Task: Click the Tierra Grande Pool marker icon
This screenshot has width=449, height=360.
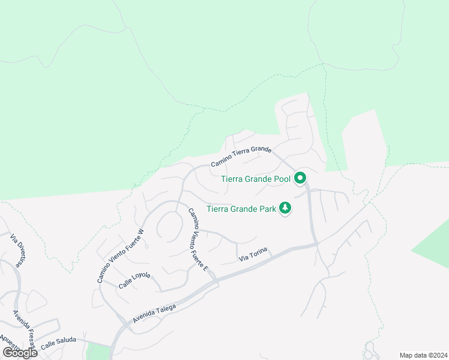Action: [300, 178]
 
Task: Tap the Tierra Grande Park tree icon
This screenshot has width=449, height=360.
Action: [286, 209]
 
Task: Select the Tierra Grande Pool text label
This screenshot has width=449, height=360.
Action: [256, 179]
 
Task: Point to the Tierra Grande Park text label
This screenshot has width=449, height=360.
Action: [241, 209]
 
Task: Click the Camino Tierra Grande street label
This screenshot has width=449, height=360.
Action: [241, 157]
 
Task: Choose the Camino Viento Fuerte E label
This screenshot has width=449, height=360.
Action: [197, 239]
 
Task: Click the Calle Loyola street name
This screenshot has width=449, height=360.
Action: [134, 280]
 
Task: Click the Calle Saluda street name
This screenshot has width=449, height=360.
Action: [58, 343]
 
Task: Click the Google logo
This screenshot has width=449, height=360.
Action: [20, 353]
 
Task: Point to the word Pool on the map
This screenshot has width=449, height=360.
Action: [281, 179]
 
